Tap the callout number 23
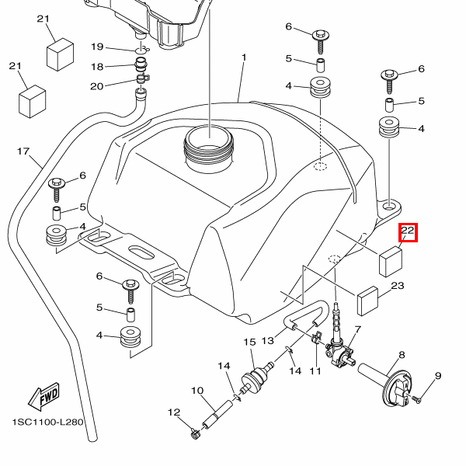[398, 286]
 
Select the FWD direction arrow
[44, 397]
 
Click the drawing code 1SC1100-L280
[47, 422]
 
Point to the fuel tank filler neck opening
[209, 140]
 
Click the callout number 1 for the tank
[244, 57]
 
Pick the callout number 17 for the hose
[23, 151]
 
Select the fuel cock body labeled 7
[339, 350]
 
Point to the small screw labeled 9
[416, 399]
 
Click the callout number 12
[174, 412]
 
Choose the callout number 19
[97, 47]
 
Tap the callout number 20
[96, 86]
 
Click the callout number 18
[97, 67]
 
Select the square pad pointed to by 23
[367, 301]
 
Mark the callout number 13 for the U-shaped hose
[267, 340]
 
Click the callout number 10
[197, 390]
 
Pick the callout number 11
[315, 371]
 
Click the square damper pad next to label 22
[391, 262]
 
